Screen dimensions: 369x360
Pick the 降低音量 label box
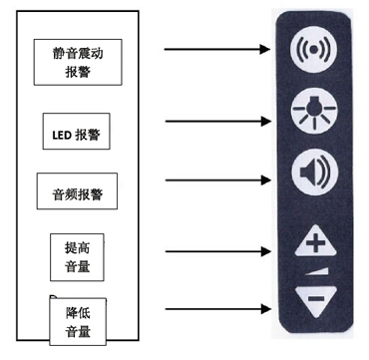(x=78, y=320)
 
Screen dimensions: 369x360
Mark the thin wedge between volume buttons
(x=318, y=270)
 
